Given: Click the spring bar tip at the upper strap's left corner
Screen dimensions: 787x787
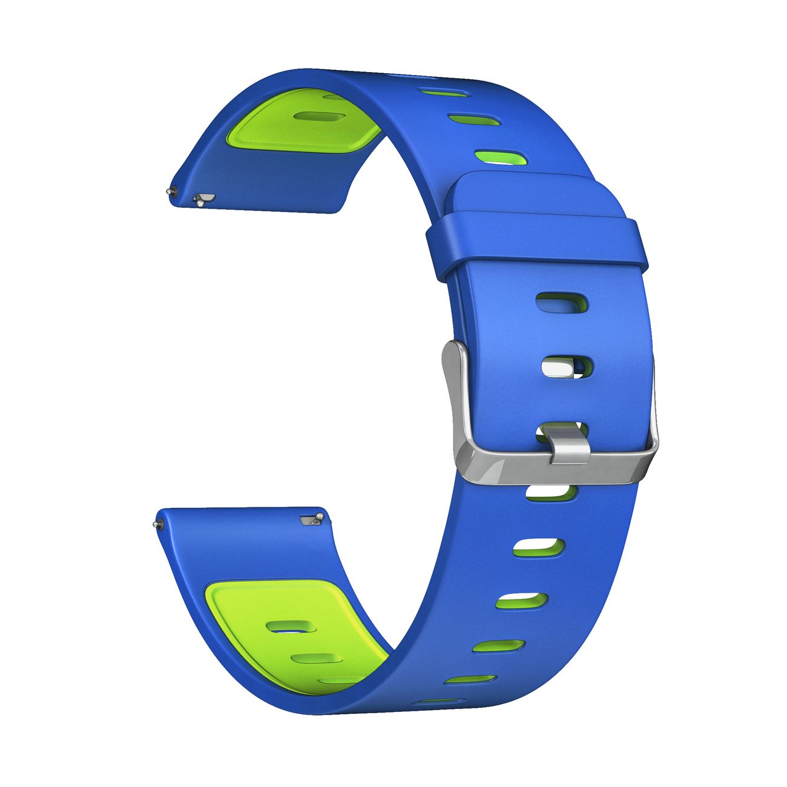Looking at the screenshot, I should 170,192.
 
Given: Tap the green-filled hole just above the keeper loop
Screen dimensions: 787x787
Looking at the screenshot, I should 500,158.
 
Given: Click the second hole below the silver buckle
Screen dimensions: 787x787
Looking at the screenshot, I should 539,547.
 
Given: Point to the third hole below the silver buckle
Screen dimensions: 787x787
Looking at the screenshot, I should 522,600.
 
